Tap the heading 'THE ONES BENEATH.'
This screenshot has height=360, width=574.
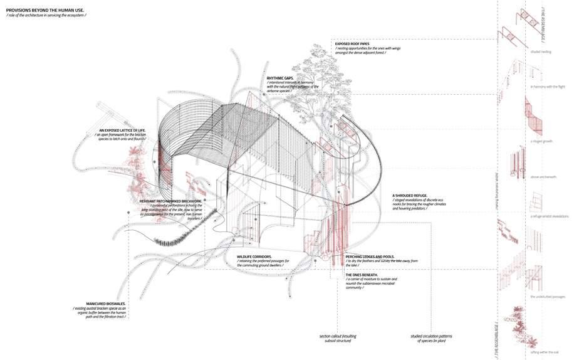[362, 275]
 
